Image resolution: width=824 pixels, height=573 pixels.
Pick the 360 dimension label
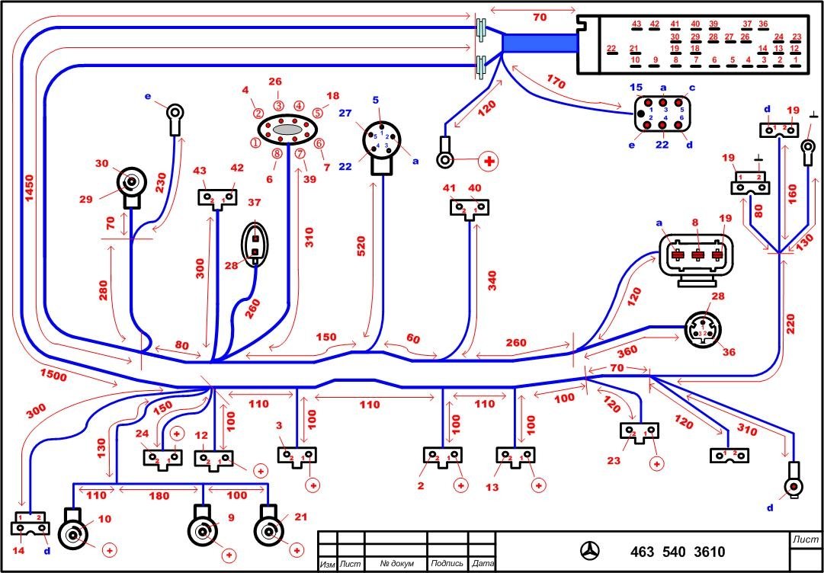click(607, 353)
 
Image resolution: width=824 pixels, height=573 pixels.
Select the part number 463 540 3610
click(677, 552)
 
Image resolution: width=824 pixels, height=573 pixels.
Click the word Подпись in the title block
click(447, 564)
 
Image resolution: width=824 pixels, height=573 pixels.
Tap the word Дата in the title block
click(483, 564)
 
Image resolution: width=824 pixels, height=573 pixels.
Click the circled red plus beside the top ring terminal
click(486, 161)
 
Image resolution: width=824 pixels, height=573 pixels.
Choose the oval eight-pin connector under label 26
click(287, 130)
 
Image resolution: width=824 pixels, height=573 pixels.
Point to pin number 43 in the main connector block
click(637, 24)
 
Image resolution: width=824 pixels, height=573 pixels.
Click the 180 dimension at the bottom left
click(159, 496)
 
